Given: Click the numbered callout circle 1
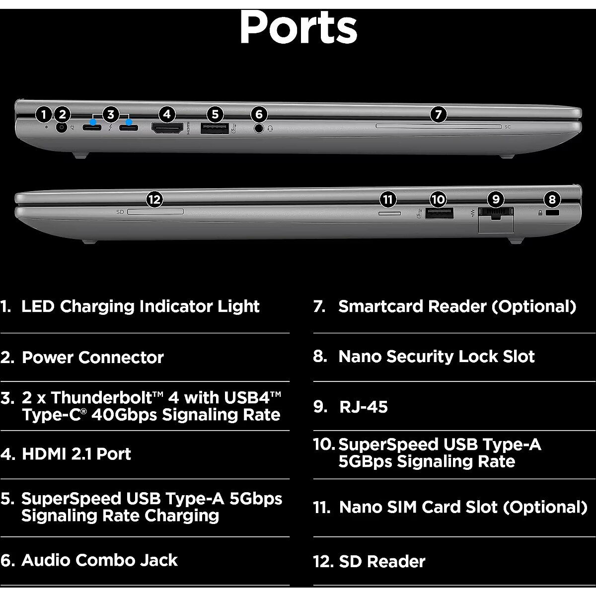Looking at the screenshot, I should click(44, 115).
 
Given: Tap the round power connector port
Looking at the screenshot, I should click(62, 127).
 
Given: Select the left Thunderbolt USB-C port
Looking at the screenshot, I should click(93, 128).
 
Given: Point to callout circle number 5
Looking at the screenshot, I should click(215, 115).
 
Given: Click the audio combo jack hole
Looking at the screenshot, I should click(259, 128).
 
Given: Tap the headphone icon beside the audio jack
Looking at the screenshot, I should click(270, 128).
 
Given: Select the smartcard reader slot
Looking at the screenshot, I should click(438, 127).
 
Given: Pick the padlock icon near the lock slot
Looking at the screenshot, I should click(541, 213).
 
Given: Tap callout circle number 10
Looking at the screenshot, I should click(438, 200).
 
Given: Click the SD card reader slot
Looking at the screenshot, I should click(155, 212).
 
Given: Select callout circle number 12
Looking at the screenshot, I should click(154, 200).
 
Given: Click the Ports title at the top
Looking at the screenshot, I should click(298, 27).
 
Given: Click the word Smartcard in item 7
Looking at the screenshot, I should click(381, 306).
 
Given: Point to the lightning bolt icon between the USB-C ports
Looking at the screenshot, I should click(111, 129).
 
